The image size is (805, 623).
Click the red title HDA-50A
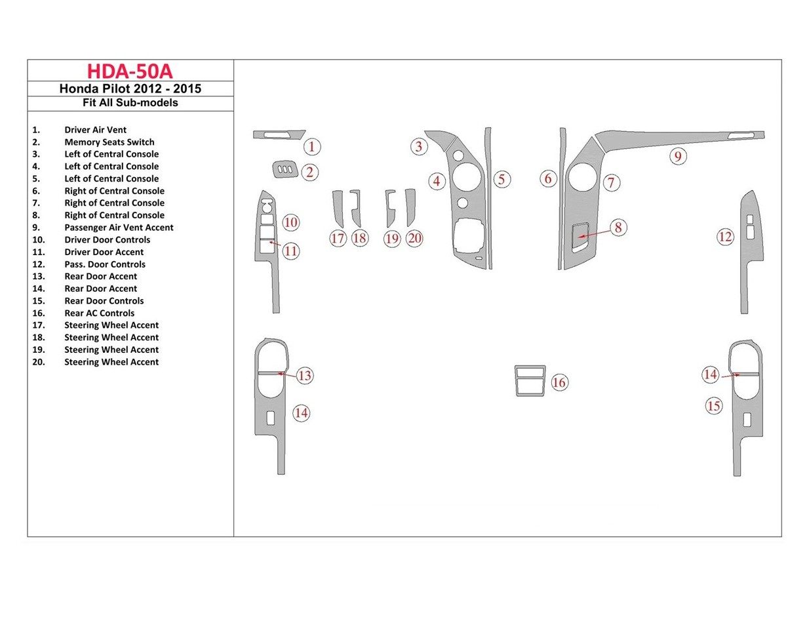[x=130, y=71]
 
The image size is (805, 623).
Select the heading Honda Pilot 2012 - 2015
[x=130, y=89]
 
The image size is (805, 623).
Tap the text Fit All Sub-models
[x=130, y=103]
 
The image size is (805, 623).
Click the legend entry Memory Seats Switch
[x=109, y=142]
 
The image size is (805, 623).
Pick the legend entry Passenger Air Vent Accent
[x=119, y=228]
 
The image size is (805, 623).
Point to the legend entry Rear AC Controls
[x=99, y=313]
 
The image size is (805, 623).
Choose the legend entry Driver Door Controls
[x=107, y=240]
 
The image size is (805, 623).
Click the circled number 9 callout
[x=678, y=157]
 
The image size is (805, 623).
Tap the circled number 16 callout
[x=559, y=382]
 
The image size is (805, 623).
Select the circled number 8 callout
[x=618, y=228]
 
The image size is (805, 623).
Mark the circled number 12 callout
[x=725, y=237]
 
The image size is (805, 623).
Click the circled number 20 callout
[x=414, y=238]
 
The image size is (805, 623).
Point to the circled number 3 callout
[x=419, y=146]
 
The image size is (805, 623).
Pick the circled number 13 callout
[x=304, y=376]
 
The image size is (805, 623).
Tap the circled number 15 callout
[x=713, y=406]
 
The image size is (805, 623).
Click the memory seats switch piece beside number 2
[x=283, y=171]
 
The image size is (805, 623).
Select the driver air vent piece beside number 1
[x=279, y=134]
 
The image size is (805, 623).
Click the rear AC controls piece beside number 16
[x=530, y=381]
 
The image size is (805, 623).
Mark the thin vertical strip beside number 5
[x=488, y=197]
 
